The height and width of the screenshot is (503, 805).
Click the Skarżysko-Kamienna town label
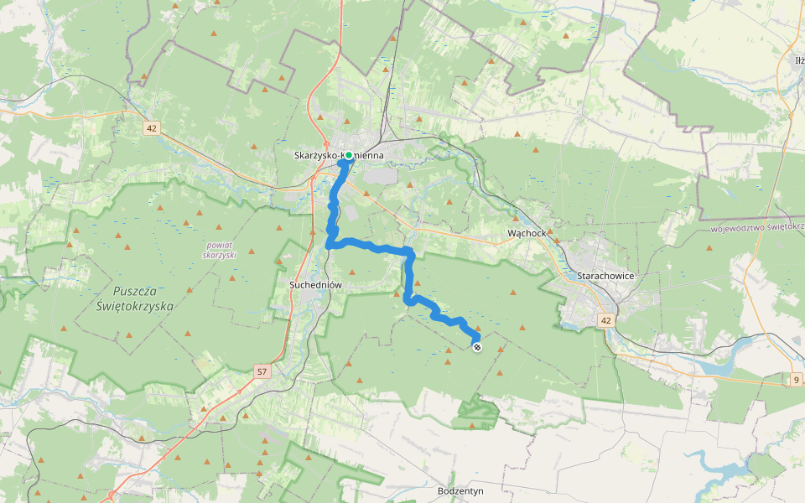pos(339,155)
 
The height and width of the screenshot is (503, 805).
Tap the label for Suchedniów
pos(316,285)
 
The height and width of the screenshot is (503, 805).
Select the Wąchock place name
pos(527,232)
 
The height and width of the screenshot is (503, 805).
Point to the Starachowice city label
pos(605,275)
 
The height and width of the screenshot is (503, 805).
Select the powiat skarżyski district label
pos(221,249)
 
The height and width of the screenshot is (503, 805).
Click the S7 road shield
pos(262,371)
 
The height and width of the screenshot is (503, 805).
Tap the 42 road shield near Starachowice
pos(606,320)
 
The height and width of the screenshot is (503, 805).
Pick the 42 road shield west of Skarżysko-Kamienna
pos(151,128)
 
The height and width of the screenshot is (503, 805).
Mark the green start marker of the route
pos(348,155)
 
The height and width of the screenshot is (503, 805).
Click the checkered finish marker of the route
pos(477,346)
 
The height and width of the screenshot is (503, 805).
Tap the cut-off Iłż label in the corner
pos(798,60)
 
